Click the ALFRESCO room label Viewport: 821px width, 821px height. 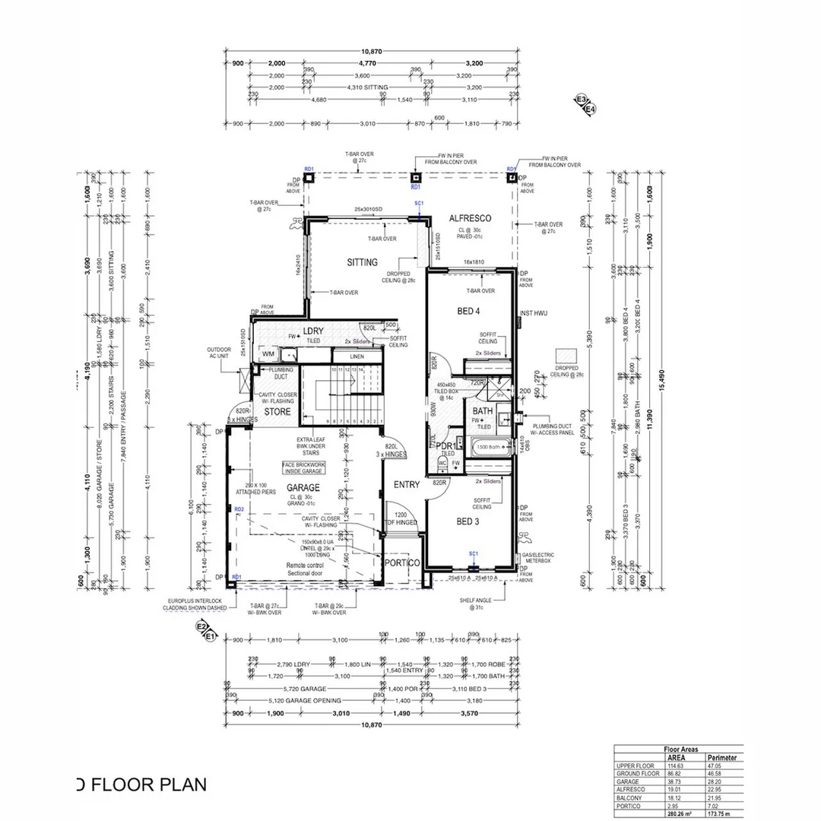[469, 218]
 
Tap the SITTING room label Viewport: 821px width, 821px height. [362, 262]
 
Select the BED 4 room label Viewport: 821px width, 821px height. [468, 311]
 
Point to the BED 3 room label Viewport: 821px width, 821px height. [468, 521]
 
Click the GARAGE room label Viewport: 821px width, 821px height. [303, 487]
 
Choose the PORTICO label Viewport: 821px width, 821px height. [402, 563]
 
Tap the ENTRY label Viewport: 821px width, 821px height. [406, 485]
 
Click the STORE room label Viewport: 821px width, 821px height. [277, 412]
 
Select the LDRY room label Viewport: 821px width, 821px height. [313, 331]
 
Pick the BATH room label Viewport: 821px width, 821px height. [483, 411]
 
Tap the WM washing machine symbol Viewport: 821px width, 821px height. [268, 354]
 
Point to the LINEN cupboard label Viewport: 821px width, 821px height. [357, 356]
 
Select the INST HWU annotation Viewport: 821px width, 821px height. [534, 313]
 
